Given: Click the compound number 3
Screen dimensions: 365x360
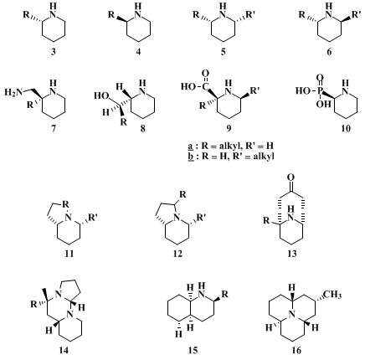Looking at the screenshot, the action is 53,52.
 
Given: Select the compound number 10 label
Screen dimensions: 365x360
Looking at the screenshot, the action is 346,128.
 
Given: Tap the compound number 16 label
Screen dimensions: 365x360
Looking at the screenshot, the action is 296,350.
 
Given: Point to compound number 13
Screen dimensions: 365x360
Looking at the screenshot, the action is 292,254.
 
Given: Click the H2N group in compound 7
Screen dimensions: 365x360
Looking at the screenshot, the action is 13,92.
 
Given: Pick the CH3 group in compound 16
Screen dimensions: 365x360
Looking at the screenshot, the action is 333,295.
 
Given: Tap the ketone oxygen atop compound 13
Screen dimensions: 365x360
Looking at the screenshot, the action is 291,177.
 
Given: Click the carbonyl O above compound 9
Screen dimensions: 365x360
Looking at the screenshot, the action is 205,74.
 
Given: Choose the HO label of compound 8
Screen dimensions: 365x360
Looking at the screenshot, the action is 100,96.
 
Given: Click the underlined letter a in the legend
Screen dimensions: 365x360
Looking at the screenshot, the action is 191,147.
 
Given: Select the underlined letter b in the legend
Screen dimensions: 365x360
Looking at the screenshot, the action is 191,156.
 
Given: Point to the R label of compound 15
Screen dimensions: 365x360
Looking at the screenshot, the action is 224,294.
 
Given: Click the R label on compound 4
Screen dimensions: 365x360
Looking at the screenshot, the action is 111,14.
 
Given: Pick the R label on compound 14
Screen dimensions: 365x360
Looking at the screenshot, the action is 33,304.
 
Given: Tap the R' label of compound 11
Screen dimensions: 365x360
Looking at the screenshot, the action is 93,218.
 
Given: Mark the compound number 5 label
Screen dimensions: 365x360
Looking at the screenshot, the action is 223,52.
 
